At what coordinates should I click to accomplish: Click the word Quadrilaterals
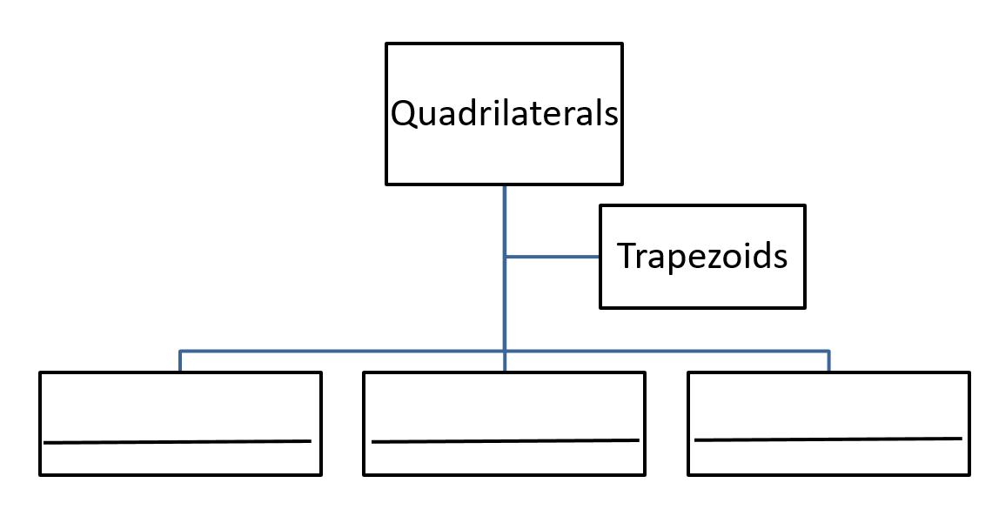point(504,114)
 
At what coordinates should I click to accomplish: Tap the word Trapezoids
point(702,257)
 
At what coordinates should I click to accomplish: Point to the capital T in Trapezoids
point(627,257)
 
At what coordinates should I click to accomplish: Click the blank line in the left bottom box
point(178,442)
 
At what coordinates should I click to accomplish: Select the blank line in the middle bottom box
point(505,441)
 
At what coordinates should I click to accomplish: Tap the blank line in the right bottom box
point(828,439)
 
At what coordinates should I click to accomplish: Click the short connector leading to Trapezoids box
point(553,257)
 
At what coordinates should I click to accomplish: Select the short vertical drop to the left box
point(180,361)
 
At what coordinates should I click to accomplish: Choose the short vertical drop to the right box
point(828,361)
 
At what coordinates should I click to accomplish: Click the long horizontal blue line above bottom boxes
point(348,351)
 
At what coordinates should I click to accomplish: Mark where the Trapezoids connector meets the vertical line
point(505,257)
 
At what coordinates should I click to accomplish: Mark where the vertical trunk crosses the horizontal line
point(505,351)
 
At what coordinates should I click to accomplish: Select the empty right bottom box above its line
point(828,406)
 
